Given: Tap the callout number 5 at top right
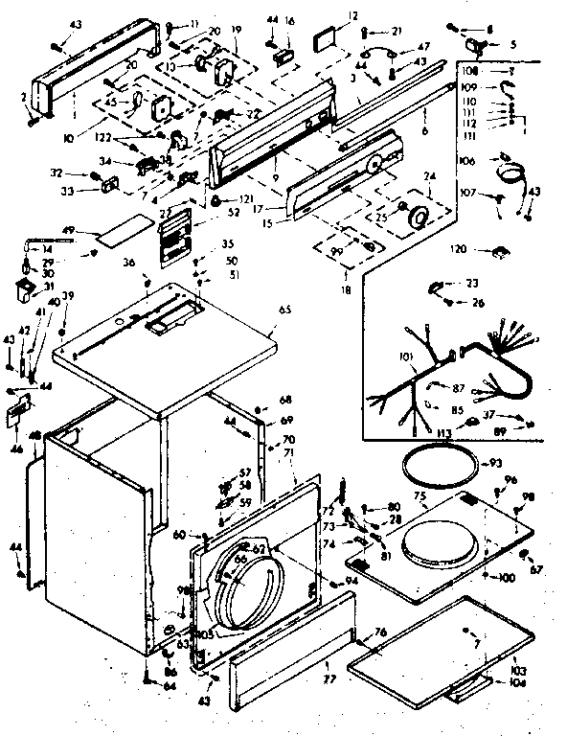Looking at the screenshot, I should click(512, 43).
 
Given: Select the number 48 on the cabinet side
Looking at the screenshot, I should click(34, 436).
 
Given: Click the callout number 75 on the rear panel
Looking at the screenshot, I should click(419, 495).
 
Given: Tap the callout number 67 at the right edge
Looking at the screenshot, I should click(536, 570).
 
